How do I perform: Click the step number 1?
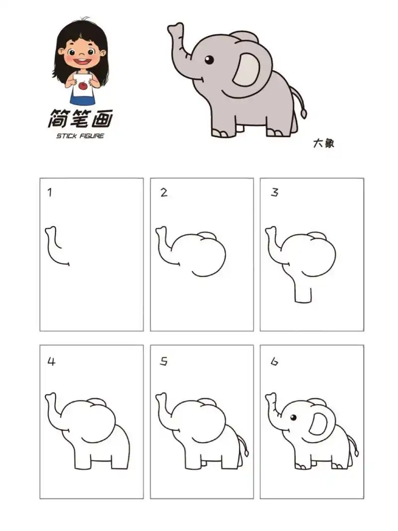pos(49,193)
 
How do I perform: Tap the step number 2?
pos(164,193)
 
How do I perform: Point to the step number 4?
pos(50,362)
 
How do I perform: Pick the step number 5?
pos(164,362)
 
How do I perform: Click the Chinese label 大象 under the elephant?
pos(323,143)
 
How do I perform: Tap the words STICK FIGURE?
pos(80,136)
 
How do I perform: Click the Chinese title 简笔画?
pos(80,119)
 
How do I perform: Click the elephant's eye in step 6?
pos(293,417)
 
